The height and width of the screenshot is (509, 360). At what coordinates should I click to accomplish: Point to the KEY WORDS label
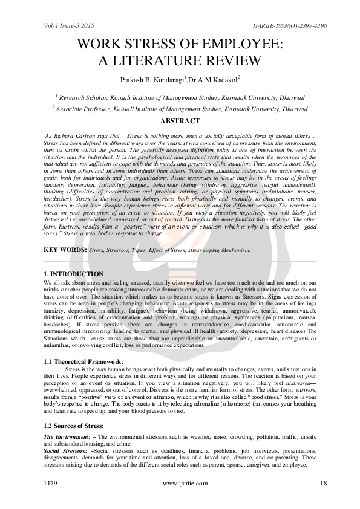[x=65, y=250]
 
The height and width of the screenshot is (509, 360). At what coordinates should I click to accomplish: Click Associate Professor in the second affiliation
[x=85, y=109]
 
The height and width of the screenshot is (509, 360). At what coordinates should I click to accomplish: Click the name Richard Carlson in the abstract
[x=83, y=137]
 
